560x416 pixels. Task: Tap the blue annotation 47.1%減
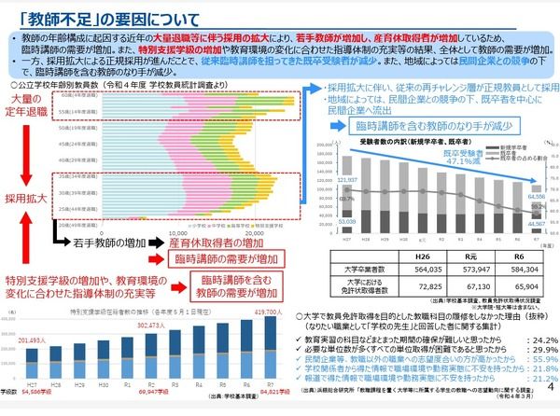tap(459, 160)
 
